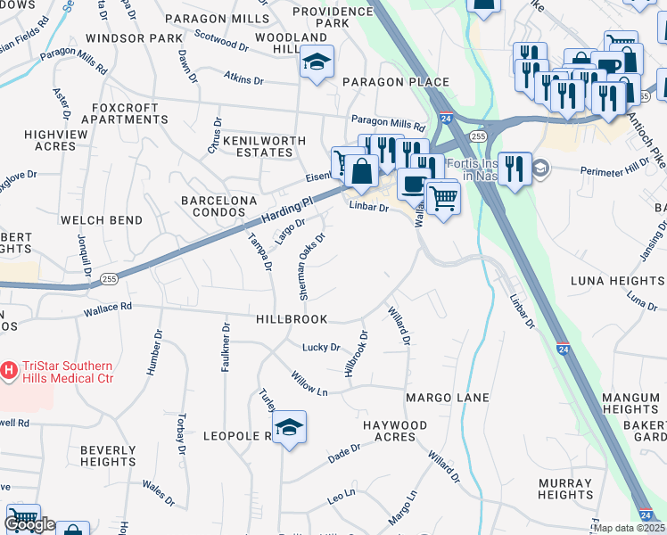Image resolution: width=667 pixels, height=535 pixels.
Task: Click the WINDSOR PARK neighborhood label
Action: click(x=134, y=39)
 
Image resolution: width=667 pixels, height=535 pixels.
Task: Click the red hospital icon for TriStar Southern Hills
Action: click(x=10, y=368)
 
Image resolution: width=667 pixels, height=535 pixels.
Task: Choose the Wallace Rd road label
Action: click(x=107, y=308)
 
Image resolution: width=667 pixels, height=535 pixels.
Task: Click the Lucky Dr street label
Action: click(x=321, y=347)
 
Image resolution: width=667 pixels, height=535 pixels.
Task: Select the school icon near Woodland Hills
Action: click(x=316, y=62)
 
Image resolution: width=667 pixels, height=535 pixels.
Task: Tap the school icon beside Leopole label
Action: click(x=289, y=428)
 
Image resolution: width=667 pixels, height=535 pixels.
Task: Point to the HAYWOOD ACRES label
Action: click(x=395, y=432)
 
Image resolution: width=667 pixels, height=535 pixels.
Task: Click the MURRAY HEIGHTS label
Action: click(x=565, y=489)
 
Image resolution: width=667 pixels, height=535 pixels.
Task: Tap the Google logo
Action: click(x=29, y=523)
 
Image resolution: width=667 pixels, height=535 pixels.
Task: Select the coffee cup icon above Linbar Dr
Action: click(x=411, y=184)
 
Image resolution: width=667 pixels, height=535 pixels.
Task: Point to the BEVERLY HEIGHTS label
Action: click(x=108, y=457)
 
